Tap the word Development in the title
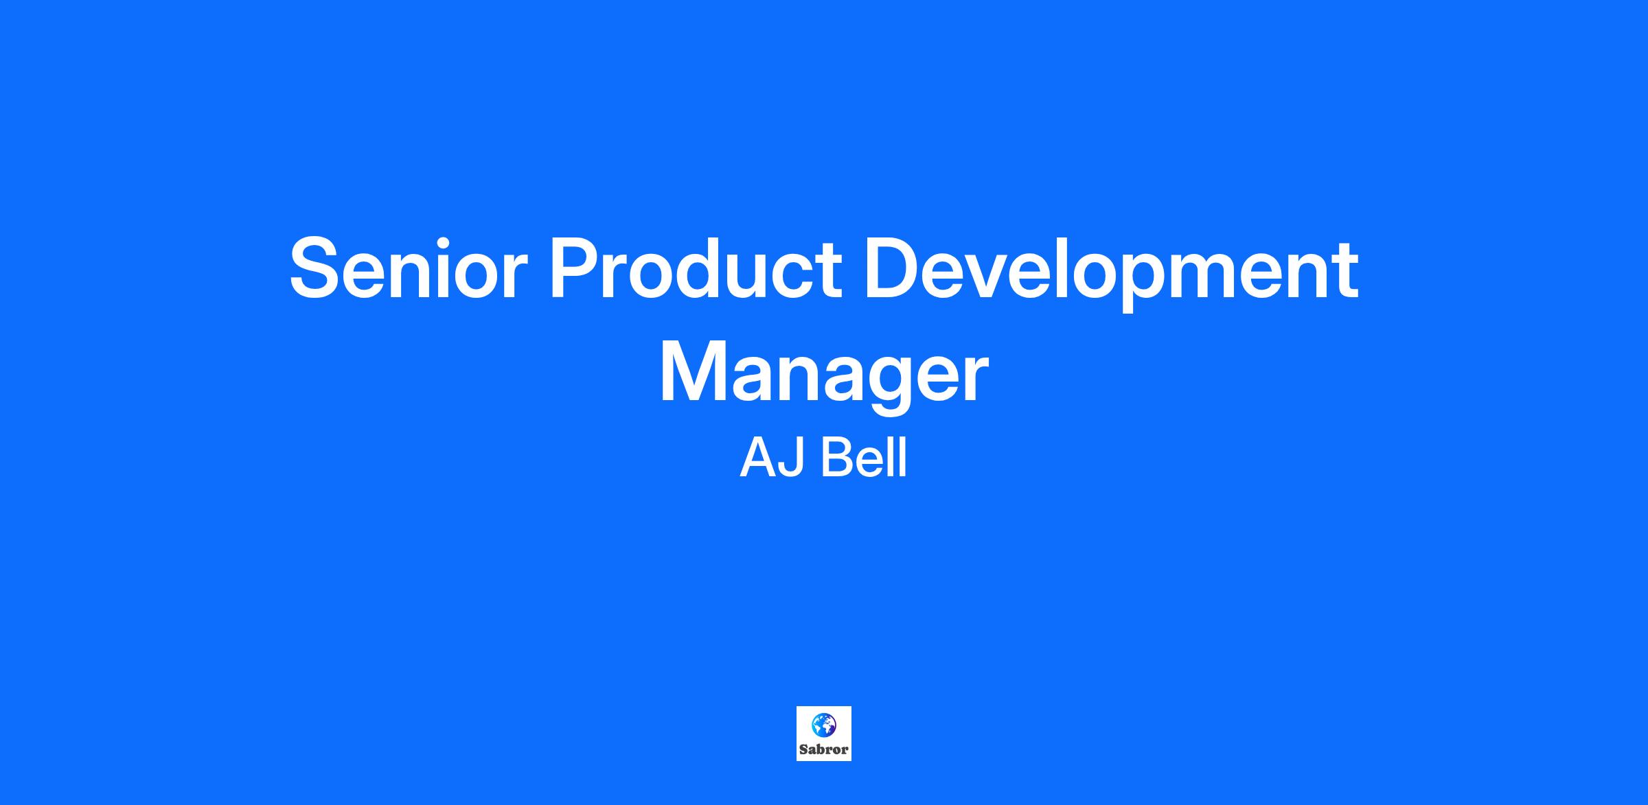(1111, 273)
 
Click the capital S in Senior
(319, 268)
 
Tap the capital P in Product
(576, 268)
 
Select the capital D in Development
(893, 268)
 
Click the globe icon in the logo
(823, 724)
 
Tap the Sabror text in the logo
(824, 749)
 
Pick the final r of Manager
(974, 379)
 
